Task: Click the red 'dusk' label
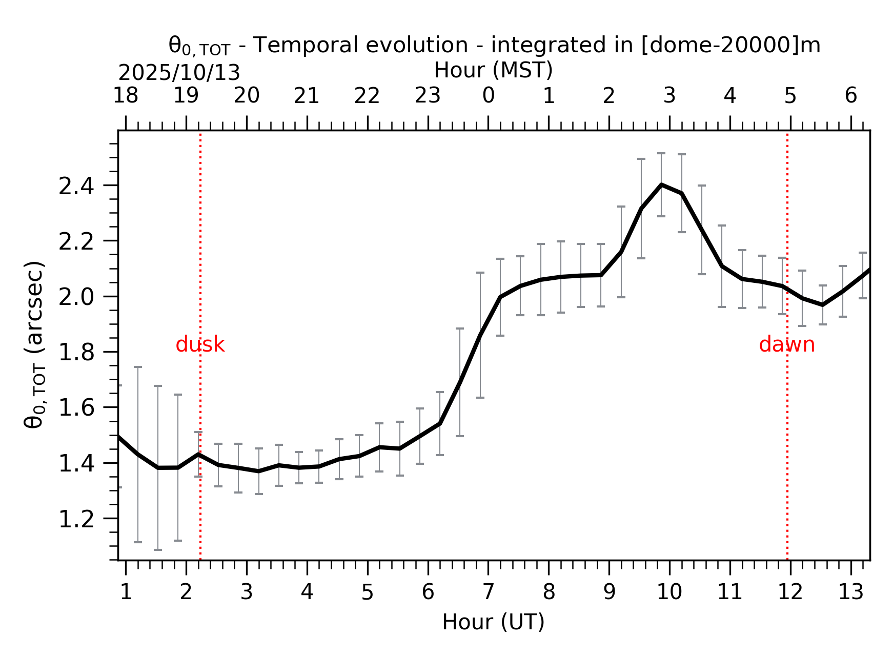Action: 200,345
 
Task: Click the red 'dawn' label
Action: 786,345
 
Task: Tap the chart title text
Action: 494,46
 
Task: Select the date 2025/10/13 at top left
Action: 179,73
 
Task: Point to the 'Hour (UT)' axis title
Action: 493,622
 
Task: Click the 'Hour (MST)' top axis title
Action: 493,70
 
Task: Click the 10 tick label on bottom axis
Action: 669,592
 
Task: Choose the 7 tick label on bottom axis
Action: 488,592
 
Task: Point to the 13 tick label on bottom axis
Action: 850,592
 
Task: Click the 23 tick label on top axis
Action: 428,96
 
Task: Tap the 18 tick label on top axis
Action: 126,96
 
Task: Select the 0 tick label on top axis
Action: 488,96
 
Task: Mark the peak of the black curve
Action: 661,184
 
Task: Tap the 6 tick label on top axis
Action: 850,96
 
